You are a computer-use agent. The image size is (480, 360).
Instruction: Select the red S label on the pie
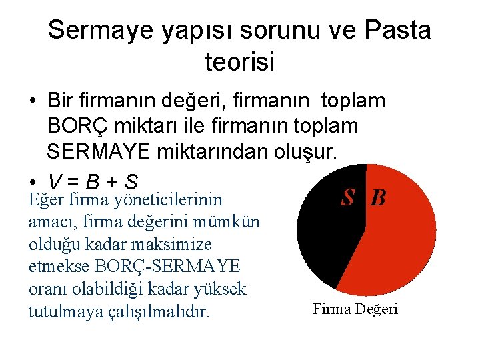[x=347, y=197]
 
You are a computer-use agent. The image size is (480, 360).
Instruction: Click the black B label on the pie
[x=378, y=198]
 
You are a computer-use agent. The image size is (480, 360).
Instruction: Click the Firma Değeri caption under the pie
[x=355, y=309]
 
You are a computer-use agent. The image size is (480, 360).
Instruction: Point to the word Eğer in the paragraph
[x=43, y=199]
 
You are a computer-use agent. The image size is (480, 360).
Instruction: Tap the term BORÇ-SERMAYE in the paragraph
[x=168, y=267]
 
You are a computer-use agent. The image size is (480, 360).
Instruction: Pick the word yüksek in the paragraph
[x=221, y=289]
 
